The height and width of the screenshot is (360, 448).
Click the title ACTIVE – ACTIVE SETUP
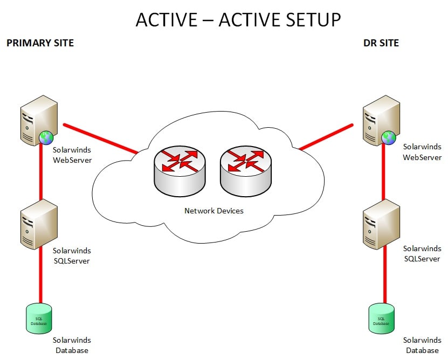[238, 19]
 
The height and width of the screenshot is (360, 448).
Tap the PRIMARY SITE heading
[40, 43]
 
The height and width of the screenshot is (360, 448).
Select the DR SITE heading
[381, 43]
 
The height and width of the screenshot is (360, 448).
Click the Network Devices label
[214, 211]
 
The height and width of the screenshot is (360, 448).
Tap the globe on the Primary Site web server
[46, 138]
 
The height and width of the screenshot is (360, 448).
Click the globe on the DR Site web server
[388, 138]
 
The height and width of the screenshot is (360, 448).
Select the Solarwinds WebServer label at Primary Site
[72, 155]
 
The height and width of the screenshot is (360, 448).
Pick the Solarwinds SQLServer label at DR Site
[422, 254]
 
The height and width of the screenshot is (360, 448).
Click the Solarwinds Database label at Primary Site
[72, 345]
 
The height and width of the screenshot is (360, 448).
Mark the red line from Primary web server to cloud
[100, 139]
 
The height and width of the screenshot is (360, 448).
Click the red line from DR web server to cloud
[326, 137]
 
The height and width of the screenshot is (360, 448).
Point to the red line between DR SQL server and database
[384, 275]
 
